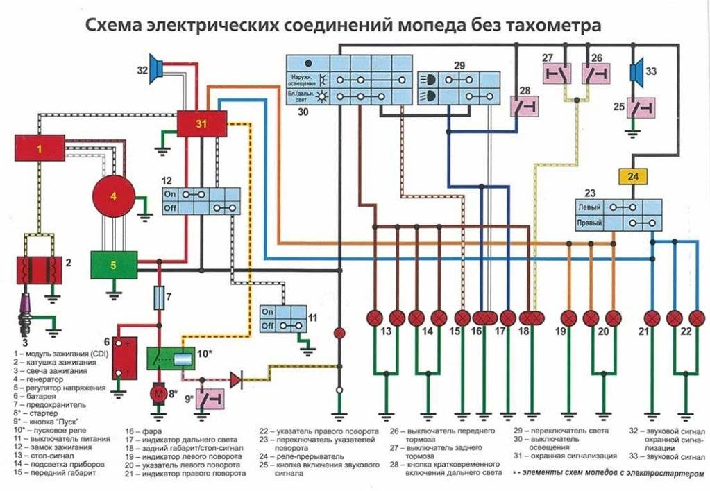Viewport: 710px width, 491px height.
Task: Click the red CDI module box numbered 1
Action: [x=40, y=148]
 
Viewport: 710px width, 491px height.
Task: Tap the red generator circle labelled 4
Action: [x=113, y=196]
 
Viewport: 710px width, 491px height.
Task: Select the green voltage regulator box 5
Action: [x=113, y=265]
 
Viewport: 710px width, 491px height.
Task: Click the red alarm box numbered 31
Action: [x=201, y=124]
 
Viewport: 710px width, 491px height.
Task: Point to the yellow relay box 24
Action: [x=632, y=177]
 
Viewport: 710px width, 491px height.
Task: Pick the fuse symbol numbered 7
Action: [x=160, y=298]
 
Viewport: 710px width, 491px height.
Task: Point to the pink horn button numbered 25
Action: [x=641, y=107]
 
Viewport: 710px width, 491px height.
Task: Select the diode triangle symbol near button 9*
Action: [x=236, y=379]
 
